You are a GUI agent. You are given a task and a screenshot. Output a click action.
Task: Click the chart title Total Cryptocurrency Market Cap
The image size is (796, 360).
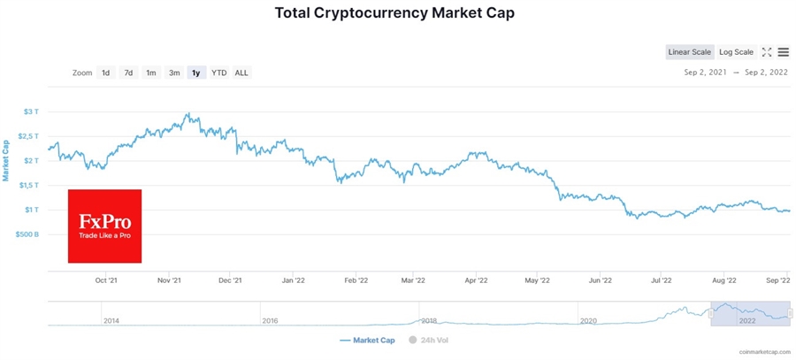(x=394, y=13)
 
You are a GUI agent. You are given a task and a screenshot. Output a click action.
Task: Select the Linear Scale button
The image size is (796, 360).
(x=689, y=52)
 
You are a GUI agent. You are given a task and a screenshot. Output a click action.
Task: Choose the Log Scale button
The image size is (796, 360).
(x=736, y=52)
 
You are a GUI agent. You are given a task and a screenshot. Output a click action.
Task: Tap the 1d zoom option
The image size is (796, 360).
(x=105, y=73)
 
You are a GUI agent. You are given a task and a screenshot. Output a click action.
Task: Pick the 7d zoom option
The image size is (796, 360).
(x=128, y=73)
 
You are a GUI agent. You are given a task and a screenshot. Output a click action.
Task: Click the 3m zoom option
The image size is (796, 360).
(x=174, y=73)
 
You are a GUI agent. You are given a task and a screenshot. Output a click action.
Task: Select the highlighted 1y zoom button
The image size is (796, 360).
(x=196, y=73)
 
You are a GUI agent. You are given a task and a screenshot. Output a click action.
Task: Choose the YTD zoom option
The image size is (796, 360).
(x=218, y=73)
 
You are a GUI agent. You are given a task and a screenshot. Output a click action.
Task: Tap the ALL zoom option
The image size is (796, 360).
(x=241, y=73)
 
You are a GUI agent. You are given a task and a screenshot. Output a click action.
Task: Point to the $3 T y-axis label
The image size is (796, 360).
(x=31, y=111)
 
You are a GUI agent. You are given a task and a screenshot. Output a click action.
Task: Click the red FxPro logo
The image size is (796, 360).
(x=104, y=226)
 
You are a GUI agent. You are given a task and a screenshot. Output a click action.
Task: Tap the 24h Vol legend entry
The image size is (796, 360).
(x=428, y=340)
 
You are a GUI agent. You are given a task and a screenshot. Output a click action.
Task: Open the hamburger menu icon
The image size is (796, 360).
(x=784, y=52)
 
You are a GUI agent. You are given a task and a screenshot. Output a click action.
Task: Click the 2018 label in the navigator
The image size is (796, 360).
(x=429, y=321)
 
